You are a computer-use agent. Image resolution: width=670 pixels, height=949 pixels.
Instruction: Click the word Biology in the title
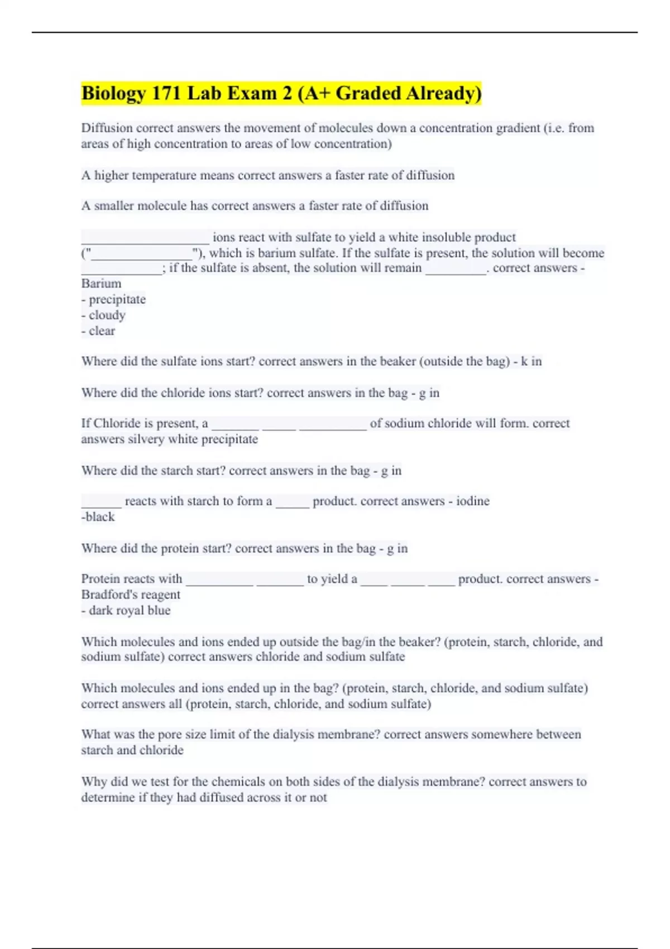(113, 93)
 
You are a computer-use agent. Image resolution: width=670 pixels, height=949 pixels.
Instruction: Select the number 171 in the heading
(166, 93)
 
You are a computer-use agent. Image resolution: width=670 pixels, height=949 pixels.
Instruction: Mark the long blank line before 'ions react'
(145, 240)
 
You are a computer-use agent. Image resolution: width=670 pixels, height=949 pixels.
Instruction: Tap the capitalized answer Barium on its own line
(101, 284)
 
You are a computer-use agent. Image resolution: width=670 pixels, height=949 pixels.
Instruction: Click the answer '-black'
(98, 516)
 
